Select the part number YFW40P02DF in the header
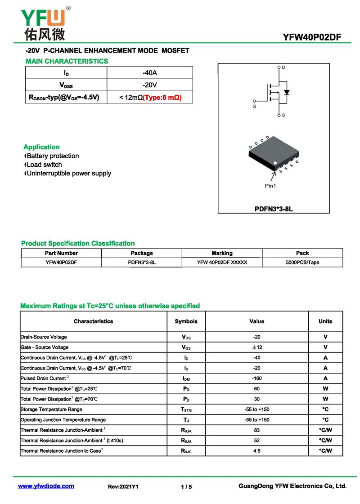(x=312, y=37)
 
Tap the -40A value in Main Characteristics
(x=149, y=73)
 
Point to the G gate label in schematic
(x=254, y=107)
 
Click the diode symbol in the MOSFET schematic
(x=286, y=92)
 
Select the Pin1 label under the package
(x=270, y=186)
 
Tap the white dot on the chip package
(x=275, y=163)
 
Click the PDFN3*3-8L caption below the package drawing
(x=274, y=209)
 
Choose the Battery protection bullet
(x=53, y=156)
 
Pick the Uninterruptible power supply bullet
(x=69, y=173)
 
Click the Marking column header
(x=222, y=253)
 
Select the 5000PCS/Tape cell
(x=302, y=263)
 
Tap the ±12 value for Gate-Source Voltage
(x=257, y=348)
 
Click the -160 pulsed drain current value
(x=257, y=379)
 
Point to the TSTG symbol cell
(x=186, y=410)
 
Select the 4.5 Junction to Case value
(x=257, y=450)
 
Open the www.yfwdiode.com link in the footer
(x=46, y=486)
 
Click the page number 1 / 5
(x=186, y=486)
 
